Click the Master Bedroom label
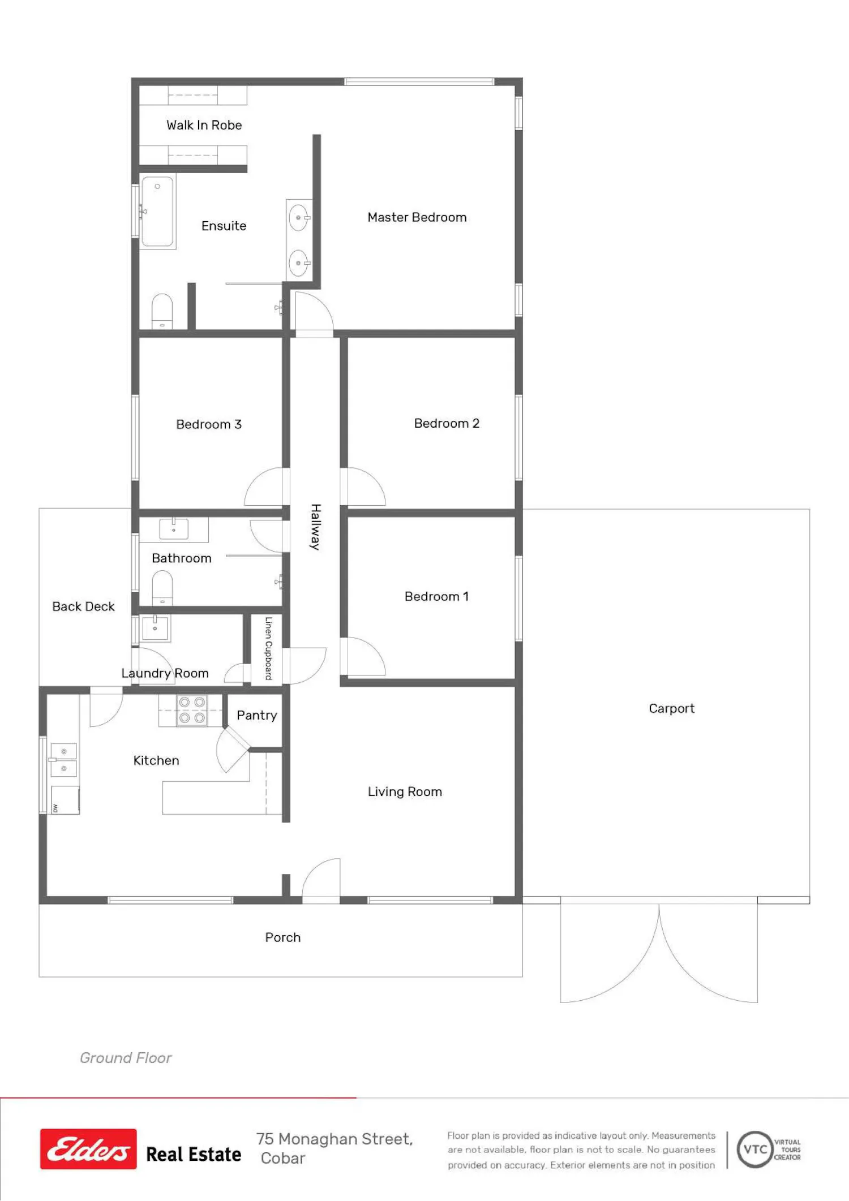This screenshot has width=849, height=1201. click(x=417, y=217)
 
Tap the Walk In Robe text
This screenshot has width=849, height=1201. click(x=204, y=125)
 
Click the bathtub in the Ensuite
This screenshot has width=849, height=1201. click(x=157, y=212)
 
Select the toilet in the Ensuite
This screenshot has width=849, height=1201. click(x=162, y=311)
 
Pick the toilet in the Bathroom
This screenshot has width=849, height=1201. click(x=162, y=588)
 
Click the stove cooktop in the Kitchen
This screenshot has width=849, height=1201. click(x=192, y=710)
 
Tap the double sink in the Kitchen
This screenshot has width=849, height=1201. click(x=63, y=760)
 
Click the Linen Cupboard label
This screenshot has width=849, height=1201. click(x=268, y=648)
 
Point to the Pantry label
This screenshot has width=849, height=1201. click(x=257, y=716)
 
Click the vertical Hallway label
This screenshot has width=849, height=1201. click(x=316, y=527)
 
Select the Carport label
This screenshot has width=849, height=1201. click(x=671, y=709)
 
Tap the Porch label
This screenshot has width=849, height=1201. click(x=283, y=937)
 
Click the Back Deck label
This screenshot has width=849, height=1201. click(x=83, y=606)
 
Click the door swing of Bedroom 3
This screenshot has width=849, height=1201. click(x=264, y=487)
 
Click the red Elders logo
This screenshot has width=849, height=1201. click(x=88, y=1149)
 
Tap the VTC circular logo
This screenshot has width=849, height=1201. click(x=755, y=1150)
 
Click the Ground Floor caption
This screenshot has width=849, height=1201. click(x=126, y=1058)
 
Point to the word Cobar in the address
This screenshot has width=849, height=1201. click(x=283, y=1158)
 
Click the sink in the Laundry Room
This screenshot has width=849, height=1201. click(x=155, y=628)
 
